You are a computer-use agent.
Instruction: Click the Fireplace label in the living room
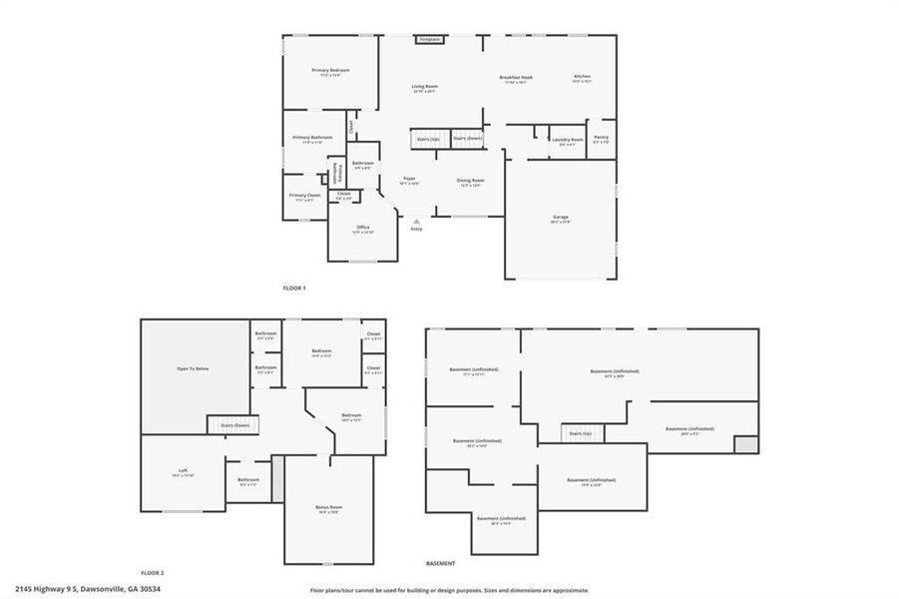429,40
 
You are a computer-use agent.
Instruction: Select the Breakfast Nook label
516,77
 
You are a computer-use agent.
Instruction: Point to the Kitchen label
582,77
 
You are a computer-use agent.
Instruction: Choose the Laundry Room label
567,140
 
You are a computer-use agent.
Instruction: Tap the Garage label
560,217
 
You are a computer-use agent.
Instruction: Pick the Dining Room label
470,181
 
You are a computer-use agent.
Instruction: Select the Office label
363,228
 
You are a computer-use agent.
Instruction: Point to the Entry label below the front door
416,230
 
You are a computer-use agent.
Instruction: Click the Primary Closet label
304,195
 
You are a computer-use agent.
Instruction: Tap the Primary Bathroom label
312,138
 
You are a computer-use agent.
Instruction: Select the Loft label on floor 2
183,471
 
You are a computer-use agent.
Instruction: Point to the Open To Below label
193,369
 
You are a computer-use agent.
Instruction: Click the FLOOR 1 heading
294,289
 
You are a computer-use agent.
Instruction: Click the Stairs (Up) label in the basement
581,433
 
